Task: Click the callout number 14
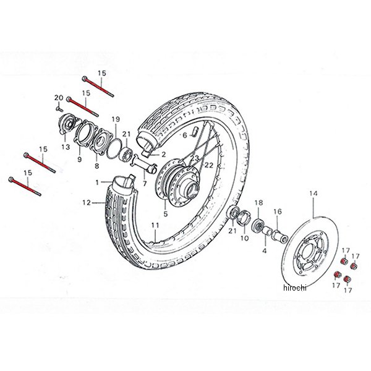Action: [x=312, y=194]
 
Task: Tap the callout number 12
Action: [x=87, y=202]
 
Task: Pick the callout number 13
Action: [x=66, y=147]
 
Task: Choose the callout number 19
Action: [x=115, y=119]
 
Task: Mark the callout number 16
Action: [x=278, y=211]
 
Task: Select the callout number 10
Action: [x=244, y=238]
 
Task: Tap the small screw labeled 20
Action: [x=57, y=107]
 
